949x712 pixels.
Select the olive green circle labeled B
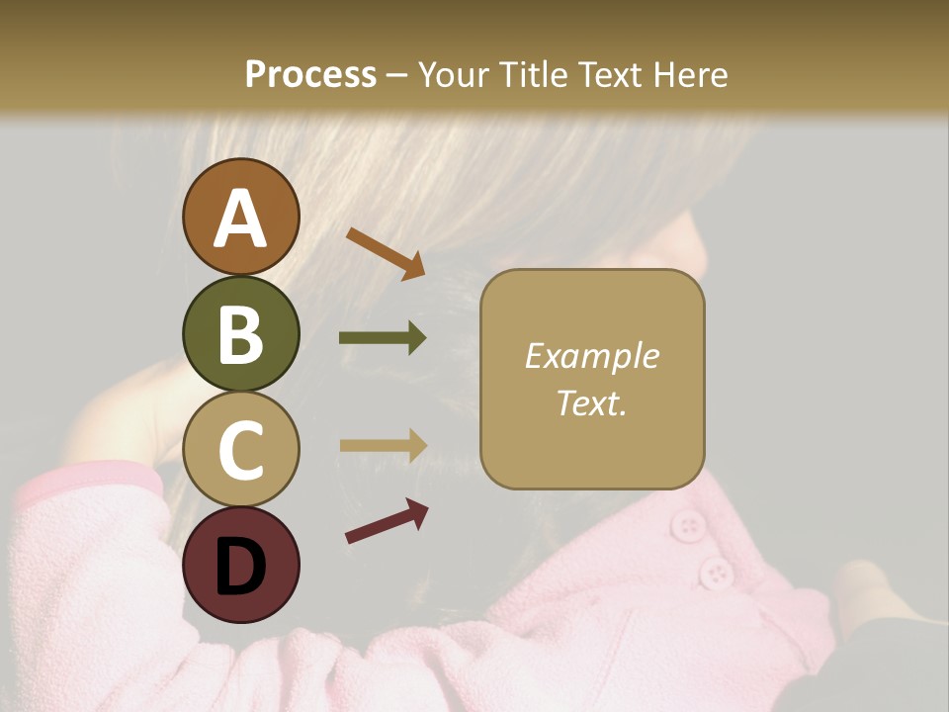[241, 333]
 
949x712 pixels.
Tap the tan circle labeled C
[241, 450]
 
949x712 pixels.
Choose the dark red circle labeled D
[241, 565]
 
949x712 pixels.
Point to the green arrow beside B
[383, 338]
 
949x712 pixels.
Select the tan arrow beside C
[383, 445]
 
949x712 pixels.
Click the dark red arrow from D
[387, 521]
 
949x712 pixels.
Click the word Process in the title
[310, 75]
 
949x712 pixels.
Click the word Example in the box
[591, 356]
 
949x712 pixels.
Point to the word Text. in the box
[591, 402]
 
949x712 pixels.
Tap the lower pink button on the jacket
[715, 572]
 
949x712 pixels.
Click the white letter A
[241, 219]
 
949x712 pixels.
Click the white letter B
[241, 334]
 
